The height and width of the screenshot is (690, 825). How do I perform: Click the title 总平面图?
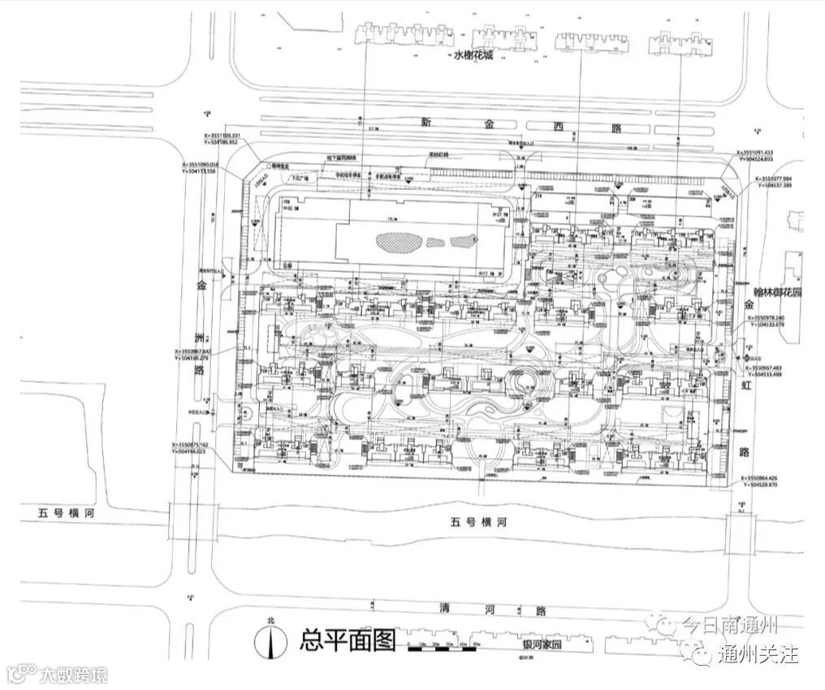tap(348, 640)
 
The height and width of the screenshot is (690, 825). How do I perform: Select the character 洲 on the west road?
tap(198, 336)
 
